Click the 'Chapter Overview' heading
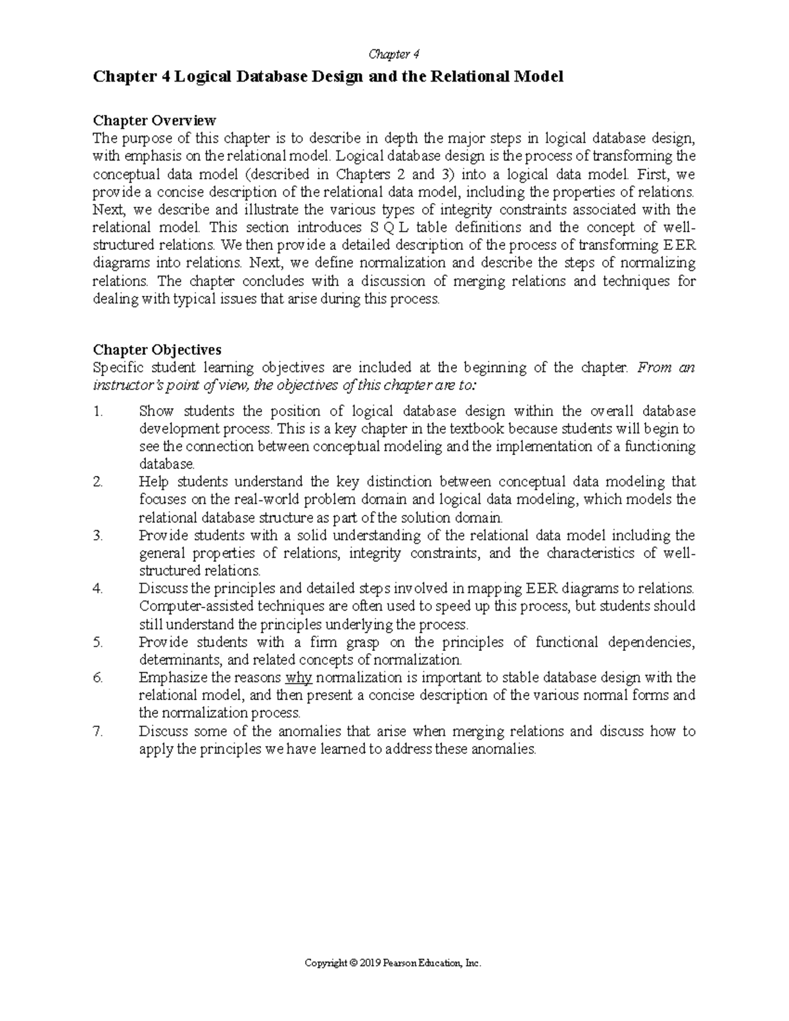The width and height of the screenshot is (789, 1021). (155, 120)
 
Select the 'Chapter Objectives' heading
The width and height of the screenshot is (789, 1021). (157, 349)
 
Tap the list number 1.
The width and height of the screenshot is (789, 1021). (99, 412)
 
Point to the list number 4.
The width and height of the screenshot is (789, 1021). (99, 588)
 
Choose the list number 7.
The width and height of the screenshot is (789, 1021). (99, 731)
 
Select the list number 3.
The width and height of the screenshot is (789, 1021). (99, 535)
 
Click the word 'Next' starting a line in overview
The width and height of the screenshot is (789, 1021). (108, 210)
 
